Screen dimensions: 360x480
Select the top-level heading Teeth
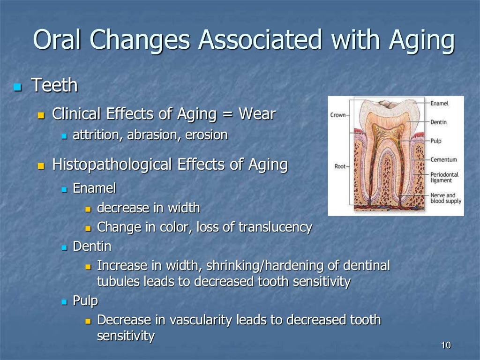pos(54,86)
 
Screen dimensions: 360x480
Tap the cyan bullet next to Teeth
pos(18,87)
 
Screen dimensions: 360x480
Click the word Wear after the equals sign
pos(257,113)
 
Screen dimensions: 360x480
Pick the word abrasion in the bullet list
pos(156,135)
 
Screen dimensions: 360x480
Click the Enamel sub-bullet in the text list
pos(94,188)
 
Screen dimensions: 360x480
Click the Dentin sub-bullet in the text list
pos(92,246)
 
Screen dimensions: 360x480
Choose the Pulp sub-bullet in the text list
pos(85,300)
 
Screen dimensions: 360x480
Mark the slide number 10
pos(445,346)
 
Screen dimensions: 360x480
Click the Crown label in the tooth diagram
pos(338,115)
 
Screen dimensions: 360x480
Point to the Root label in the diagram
pos(340,166)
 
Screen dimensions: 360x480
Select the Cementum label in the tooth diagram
pos(443,159)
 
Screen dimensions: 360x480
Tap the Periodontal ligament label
pos(444,177)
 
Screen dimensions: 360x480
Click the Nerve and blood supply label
pos(445,198)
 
